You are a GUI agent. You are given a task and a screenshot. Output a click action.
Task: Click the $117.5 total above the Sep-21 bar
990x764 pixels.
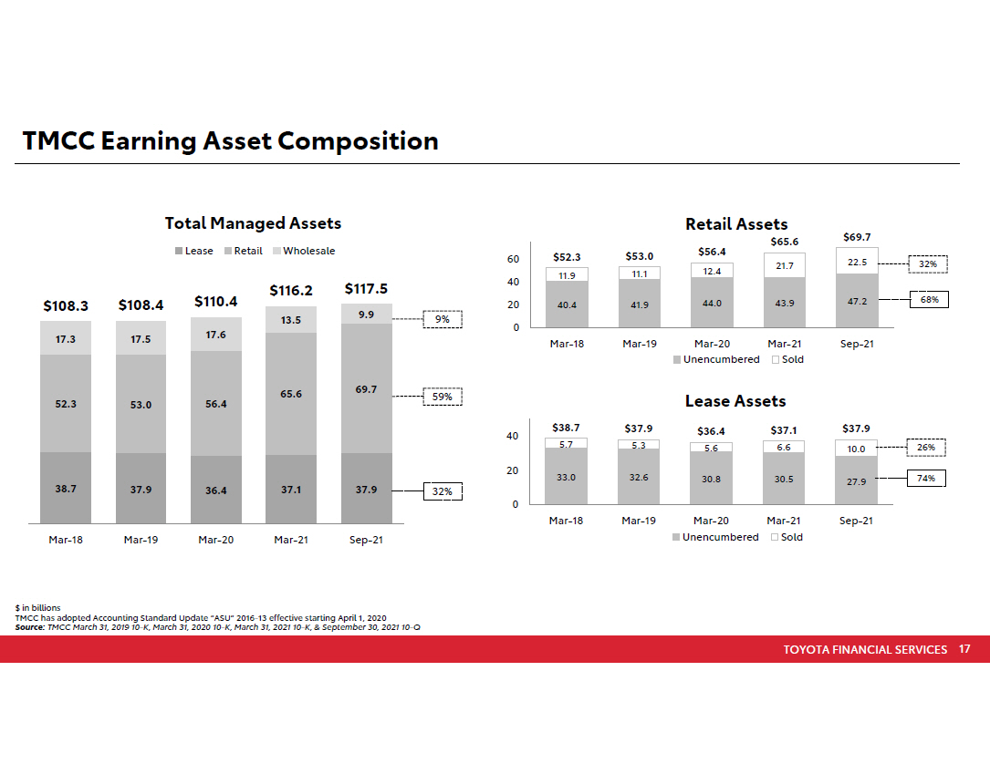[x=366, y=289]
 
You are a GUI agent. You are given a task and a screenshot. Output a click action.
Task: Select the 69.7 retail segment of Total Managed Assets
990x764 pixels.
[x=366, y=389]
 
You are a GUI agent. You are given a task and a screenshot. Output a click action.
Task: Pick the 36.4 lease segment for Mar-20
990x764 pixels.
[x=215, y=490]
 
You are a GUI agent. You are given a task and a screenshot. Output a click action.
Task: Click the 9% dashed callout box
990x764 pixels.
[x=443, y=320]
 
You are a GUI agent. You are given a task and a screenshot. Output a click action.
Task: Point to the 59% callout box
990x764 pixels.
[x=443, y=397]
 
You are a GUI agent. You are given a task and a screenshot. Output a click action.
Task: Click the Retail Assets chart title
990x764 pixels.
[x=736, y=224]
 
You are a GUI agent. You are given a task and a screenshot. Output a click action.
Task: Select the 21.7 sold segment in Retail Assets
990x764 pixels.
[x=784, y=265]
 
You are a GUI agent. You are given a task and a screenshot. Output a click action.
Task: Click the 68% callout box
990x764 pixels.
[x=929, y=298]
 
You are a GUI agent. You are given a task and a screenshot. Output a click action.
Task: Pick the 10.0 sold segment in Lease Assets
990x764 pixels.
[x=856, y=449]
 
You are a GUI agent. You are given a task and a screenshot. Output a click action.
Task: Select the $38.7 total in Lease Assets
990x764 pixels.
[x=566, y=427]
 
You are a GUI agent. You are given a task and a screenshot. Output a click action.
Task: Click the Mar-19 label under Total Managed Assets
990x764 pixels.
[x=141, y=540]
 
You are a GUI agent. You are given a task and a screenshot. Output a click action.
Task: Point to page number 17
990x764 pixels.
[x=964, y=649]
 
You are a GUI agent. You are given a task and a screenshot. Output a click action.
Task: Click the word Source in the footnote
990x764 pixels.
[x=28, y=627]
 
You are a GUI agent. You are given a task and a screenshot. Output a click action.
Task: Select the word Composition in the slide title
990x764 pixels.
[x=358, y=141]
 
